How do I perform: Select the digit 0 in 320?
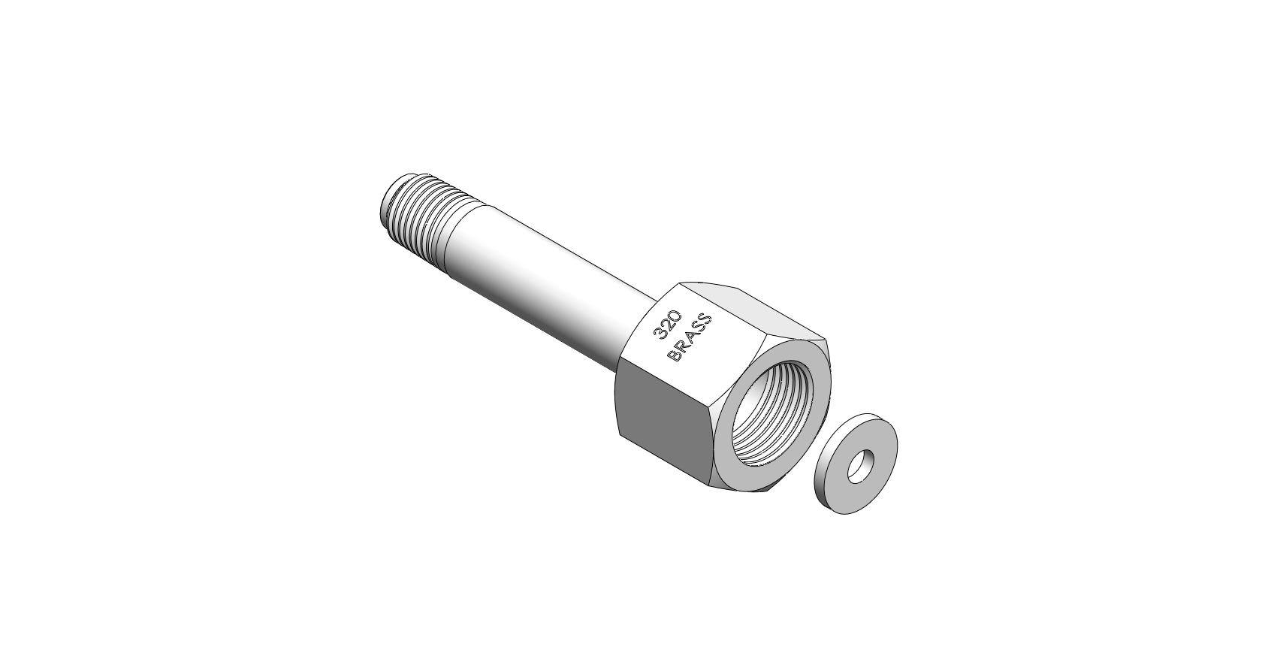pyautogui.click(x=675, y=316)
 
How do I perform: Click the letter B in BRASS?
pyautogui.click(x=673, y=357)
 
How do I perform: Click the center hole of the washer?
pyautogui.click(x=860, y=466)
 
